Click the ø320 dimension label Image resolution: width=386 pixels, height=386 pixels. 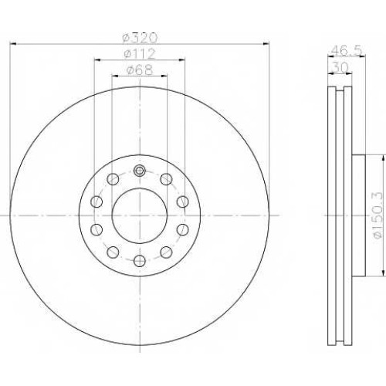[140, 39]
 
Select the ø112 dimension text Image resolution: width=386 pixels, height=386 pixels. [140, 54]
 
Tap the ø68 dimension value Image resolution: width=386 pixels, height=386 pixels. [140, 70]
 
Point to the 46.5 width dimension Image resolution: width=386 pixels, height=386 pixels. [347, 50]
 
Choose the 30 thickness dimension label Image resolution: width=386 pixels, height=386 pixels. [340, 68]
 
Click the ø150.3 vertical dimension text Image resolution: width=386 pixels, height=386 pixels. [378, 215]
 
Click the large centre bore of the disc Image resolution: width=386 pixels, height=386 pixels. [140, 215]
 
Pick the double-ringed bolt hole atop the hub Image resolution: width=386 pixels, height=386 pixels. [140, 170]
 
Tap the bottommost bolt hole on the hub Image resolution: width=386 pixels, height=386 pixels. [140, 261]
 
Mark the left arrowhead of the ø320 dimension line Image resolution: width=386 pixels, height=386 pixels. [13, 44]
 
